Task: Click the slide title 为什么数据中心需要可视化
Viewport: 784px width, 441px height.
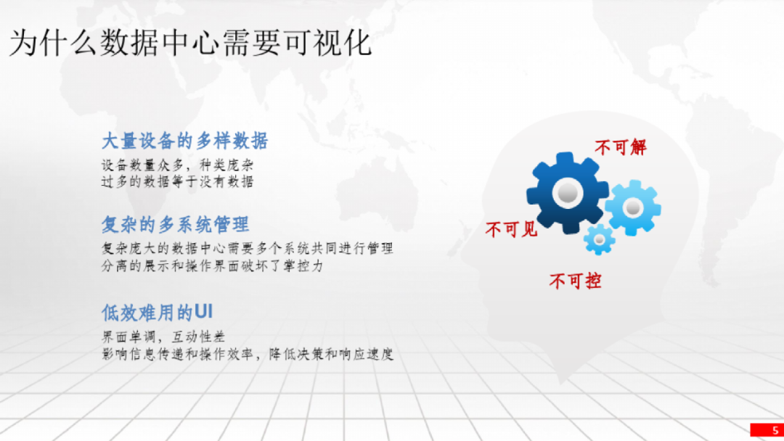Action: point(190,43)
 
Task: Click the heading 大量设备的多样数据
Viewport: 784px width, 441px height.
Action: point(185,141)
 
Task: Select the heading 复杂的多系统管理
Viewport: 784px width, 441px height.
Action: point(176,225)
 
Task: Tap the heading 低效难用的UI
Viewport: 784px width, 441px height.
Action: point(158,313)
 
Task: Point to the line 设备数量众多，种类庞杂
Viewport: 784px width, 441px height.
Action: point(178,165)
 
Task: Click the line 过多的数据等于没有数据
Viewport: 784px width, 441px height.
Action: point(178,181)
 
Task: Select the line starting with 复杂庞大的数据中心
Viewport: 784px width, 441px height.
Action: point(248,248)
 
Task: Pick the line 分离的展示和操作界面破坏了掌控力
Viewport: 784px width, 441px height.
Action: point(213,265)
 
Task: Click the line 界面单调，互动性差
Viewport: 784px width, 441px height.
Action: point(163,337)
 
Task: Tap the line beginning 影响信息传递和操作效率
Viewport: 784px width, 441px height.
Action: point(248,354)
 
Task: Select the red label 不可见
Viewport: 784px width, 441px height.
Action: point(511,230)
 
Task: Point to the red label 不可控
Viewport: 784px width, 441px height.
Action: point(575,281)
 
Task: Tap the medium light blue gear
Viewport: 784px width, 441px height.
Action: point(633,207)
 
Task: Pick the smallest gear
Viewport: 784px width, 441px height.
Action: point(599,240)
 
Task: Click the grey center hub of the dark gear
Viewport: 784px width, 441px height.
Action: point(568,193)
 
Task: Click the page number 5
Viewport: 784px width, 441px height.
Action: point(775,430)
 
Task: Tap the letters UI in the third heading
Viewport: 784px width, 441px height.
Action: point(203,312)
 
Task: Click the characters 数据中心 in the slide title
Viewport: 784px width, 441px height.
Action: point(160,43)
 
